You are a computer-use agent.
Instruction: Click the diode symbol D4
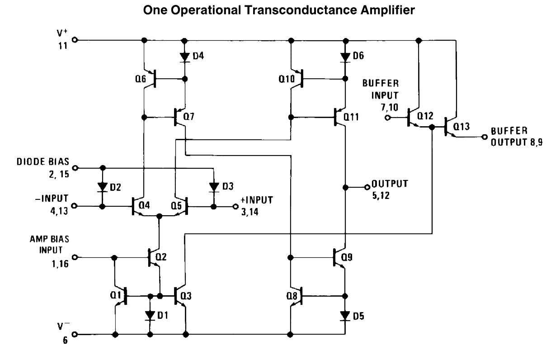tap(184, 57)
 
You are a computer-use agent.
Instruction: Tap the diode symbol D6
tap(345, 57)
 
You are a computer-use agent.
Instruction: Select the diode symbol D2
tap(103, 187)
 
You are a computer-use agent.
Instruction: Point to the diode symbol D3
tap(214, 187)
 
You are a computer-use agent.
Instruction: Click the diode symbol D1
tap(150, 315)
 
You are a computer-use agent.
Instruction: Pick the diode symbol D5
tap(345, 315)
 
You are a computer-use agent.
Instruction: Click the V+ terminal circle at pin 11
tap(75, 40)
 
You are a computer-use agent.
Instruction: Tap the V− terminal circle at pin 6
tap(75, 335)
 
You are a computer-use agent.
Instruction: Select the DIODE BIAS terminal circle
tap(75, 168)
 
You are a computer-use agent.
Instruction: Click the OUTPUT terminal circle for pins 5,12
tap(367, 187)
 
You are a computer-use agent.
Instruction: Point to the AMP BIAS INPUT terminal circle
tap(75, 257)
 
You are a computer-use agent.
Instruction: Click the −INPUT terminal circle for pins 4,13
tap(75, 206)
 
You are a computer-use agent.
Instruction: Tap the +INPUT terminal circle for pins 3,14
tap(235, 206)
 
